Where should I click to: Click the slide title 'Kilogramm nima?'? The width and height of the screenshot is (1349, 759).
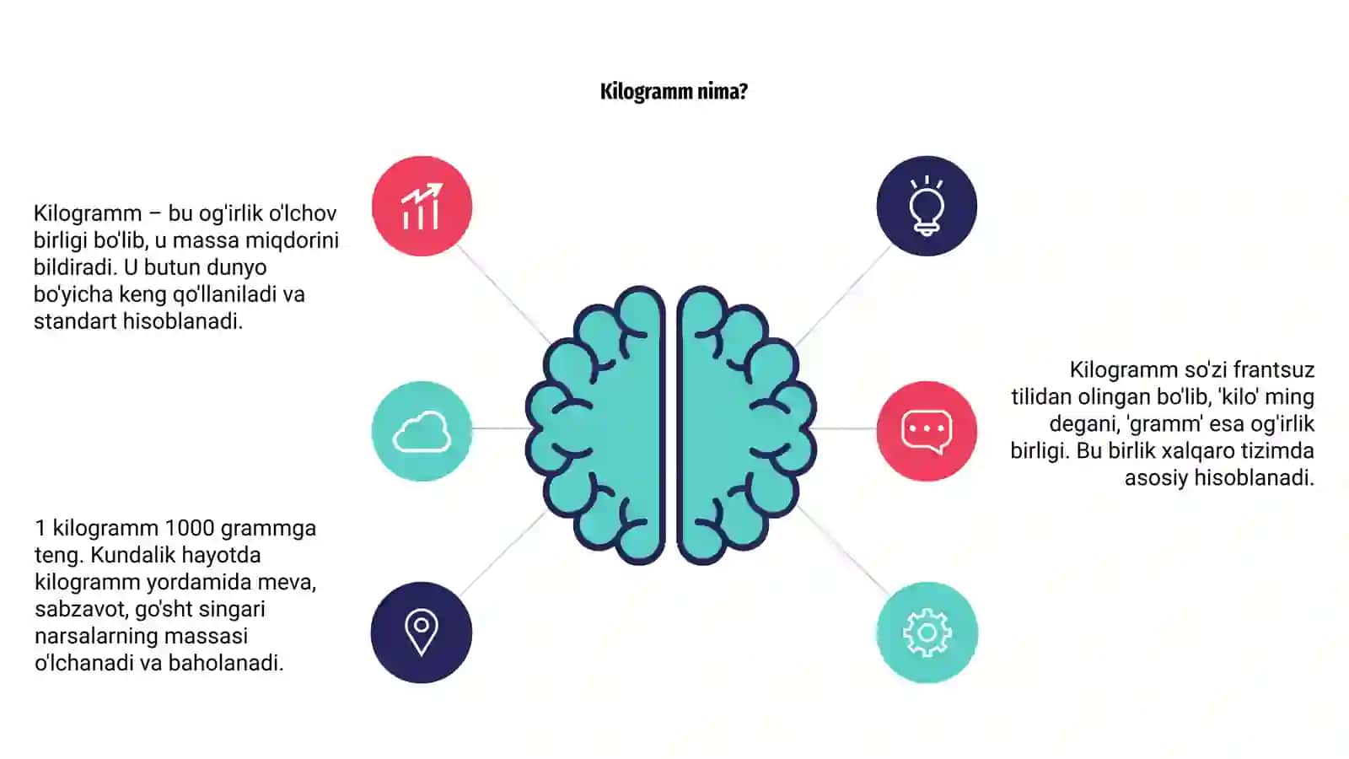[x=674, y=92]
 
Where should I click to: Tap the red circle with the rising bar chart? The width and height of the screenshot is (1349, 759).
[x=422, y=206]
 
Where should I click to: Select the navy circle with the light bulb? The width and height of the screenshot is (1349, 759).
[x=927, y=206]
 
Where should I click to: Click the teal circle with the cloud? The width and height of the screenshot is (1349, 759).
[x=422, y=431]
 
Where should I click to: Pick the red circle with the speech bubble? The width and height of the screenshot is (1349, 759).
[x=927, y=431]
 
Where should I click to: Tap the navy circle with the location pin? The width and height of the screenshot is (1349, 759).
[x=422, y=632]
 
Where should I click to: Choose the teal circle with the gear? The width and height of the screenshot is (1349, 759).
[x=927, y=632]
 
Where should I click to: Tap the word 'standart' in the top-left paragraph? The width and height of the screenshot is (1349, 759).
[x=75, y=321]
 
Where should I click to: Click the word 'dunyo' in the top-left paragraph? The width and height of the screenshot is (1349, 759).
[x=235, y=267]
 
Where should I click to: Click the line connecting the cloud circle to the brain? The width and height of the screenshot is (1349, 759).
[x=501, y=428]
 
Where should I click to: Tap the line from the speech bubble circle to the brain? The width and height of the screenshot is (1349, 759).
[x=845, y=428]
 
